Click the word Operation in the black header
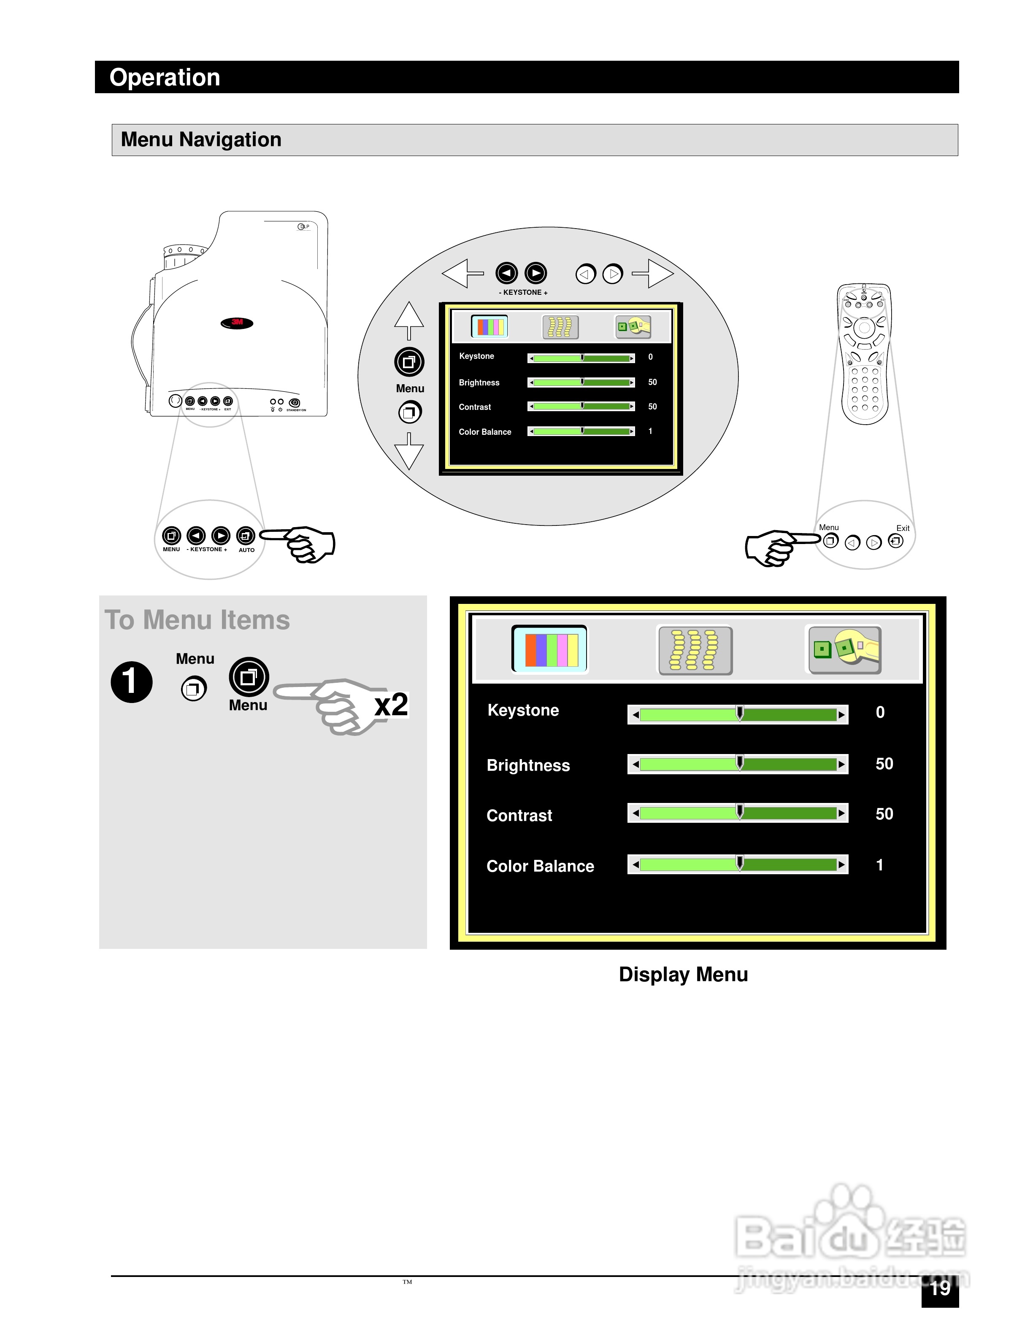pyautogui.click(x=165, y=78)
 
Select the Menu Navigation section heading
pyautogui.click(x=201, y=140)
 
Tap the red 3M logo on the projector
pyautogui.click(x=237, y=322)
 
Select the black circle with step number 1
pyautogui.click(x=132, y=681)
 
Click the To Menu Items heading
pyautogui.click(x=197, y=620)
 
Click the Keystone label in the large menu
pyautogui.click(x=523, y=710)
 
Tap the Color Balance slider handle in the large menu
pyautogui.click(x=739, y=863)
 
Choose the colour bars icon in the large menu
pyautogui.click(x=549, y=649)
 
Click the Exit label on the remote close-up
pyautogui.click(x=903, y=528)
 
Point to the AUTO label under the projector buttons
pyautogui.click(x=246, y=550)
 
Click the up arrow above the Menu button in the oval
pyautogui.click(x=409, y=319)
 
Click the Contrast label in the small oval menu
pyautogui.click(x=475, y=407)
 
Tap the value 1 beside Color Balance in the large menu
pyautogui.click(x=879, y=865)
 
